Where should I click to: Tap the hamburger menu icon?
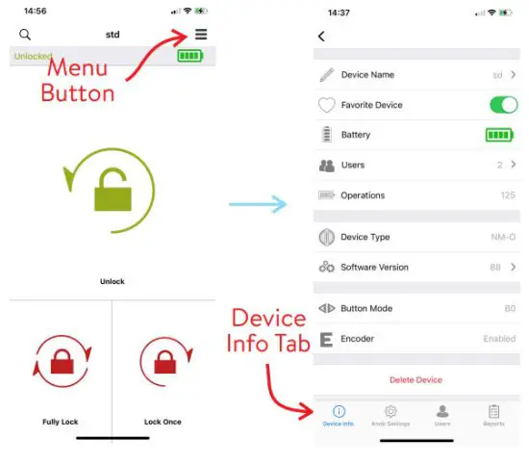(x=200, y=35)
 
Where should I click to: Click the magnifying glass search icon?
(x=25, y=35)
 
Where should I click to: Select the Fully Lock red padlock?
(x=59, y=367)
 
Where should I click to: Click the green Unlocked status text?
(x=33, y=57)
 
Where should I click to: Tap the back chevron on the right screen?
(x=321, y=37)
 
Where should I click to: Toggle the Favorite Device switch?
(x=502, y=105)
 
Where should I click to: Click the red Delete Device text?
(x=416, y=380)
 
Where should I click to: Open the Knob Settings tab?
(x=390, y=415)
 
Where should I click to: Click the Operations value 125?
(x=508, y=195)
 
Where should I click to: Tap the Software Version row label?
(x=374, y=268)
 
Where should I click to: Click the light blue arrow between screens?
(x=259, y=204)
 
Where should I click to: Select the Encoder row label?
(x=357, y=339)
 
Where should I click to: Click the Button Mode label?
(x=365, y=309)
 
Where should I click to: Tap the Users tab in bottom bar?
(x=442, y=415)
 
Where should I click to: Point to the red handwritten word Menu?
(x=78, y=69)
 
